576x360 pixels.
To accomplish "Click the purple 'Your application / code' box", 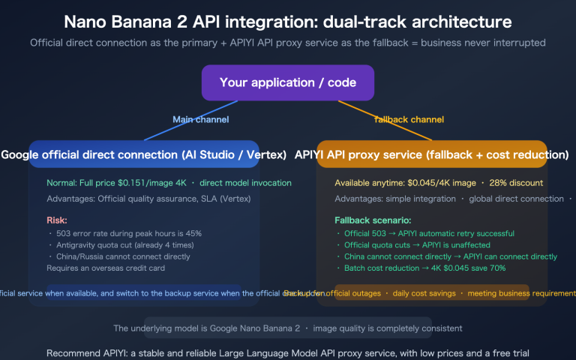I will pos(288,83).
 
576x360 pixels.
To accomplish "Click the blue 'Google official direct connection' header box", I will pos(144,155).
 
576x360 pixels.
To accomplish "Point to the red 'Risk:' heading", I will pos(57,220).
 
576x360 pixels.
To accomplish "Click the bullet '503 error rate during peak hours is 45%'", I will pos(127,233).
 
